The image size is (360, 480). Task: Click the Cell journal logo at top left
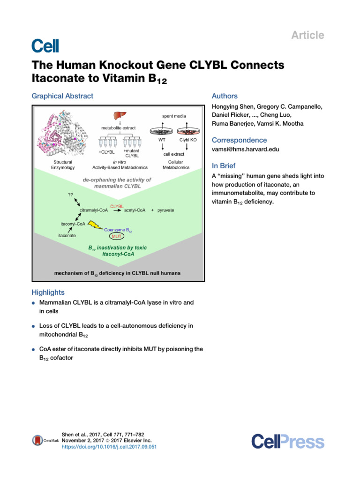tap(45, 45)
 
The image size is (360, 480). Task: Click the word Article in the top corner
tap(307, 35)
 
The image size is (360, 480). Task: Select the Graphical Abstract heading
tap(62, 96)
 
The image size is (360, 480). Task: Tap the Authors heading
tap(225, 96)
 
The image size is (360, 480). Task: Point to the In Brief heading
tap(224, 166)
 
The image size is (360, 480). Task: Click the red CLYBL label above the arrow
tap(117, 206)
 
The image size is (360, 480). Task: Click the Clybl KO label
tap(187, 140)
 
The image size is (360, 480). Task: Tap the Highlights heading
tap(48, 292)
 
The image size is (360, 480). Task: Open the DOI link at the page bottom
tap(109, 447)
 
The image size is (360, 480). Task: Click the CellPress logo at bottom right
tap(287, 441)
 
